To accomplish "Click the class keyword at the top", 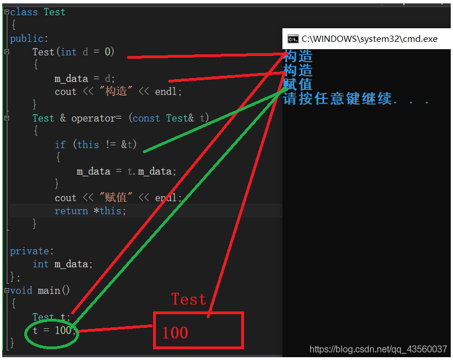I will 25,12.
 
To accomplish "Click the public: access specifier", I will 29,38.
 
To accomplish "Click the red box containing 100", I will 198,330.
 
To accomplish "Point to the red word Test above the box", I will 189,299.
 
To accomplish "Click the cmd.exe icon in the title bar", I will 293,39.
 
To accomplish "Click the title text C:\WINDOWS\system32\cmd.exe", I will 369,39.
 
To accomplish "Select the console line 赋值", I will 298,84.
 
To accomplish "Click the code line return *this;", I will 90,211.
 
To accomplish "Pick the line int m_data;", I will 62,264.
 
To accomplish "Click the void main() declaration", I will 40,290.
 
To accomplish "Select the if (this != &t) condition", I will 96,145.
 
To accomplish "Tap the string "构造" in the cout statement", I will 116,91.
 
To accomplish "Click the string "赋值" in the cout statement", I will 116,198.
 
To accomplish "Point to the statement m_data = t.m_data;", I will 127,171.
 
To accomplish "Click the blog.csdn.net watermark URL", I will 378,350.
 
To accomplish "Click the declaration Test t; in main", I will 51,317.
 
